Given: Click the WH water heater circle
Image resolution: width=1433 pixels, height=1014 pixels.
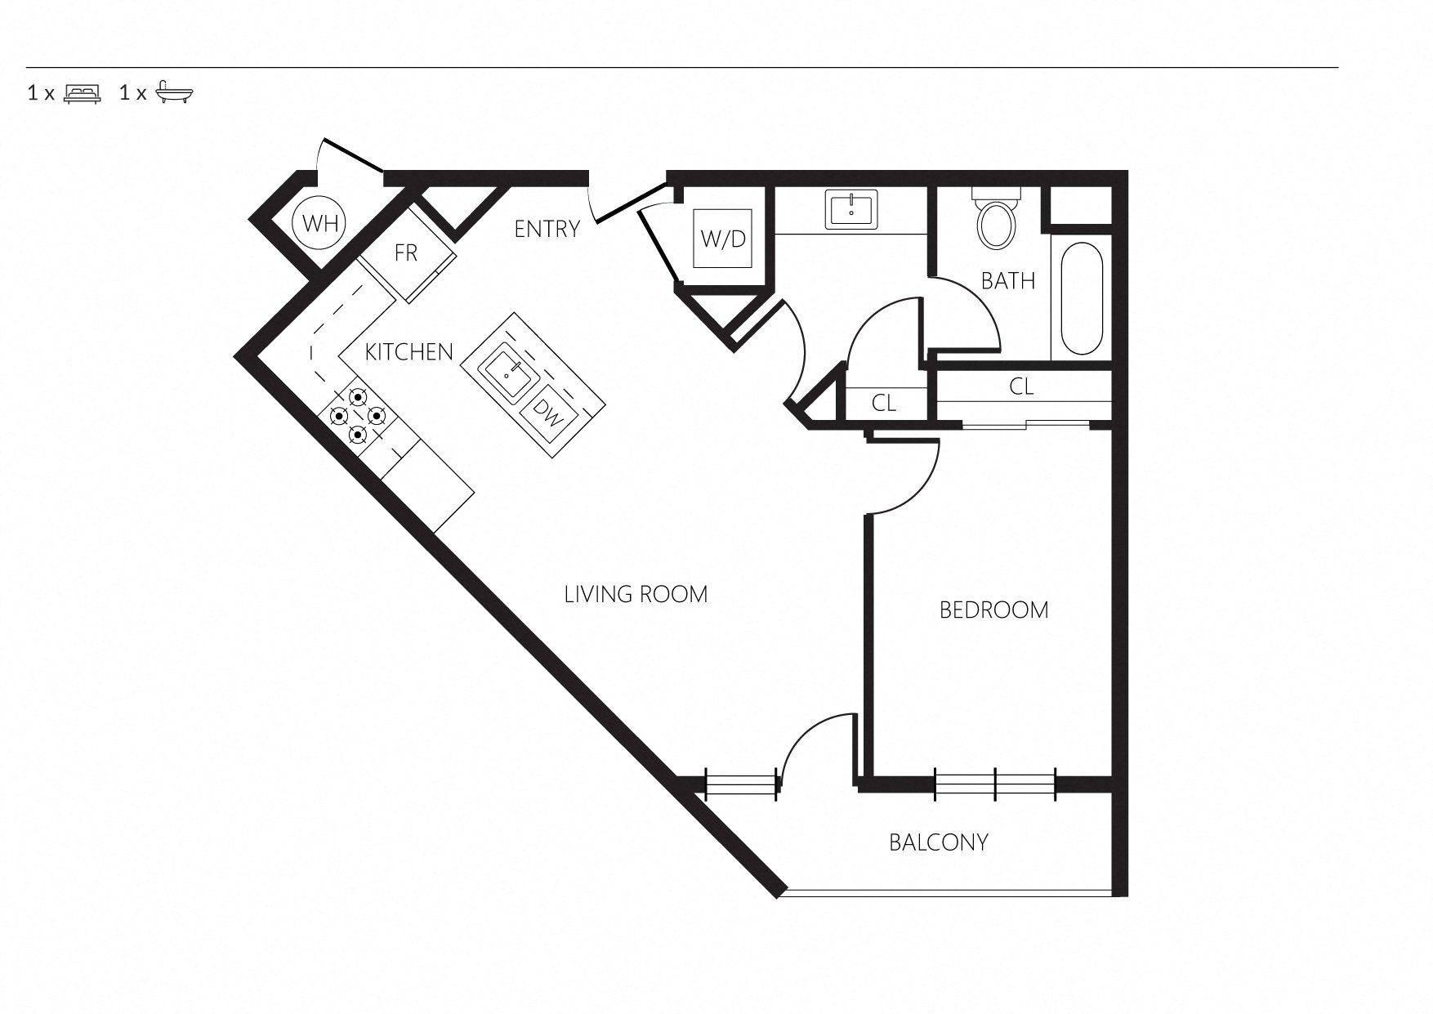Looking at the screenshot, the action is [x=320, y=223].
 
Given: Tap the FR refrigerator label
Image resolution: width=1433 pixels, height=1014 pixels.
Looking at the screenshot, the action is [x=406, y=253].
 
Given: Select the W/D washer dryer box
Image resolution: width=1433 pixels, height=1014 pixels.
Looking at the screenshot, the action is [x=724, y=239].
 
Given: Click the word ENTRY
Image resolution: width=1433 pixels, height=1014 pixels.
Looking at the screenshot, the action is [x=547, y=230].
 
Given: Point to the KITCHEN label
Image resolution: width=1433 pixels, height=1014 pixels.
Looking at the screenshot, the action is [x=408, y=352].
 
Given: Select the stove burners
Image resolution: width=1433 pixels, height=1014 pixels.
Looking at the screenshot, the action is [x=357, y=416].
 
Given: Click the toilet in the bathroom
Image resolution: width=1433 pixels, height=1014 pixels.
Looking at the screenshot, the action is [x=996, y=217].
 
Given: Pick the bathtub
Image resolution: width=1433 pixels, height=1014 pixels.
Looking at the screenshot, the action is [x=1082, y=298].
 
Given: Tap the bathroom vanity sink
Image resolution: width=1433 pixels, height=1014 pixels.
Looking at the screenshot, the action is [x=852, y=208].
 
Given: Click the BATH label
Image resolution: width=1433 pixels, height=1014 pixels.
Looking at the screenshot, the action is [x=1008, y=281].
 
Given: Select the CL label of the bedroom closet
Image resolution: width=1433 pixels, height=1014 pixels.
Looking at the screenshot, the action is [x=1022, y=386].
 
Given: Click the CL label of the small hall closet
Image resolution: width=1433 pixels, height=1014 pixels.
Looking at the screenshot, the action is [x=884, y=403].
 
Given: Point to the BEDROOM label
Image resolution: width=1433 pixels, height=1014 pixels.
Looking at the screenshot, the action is [x=994, y=610].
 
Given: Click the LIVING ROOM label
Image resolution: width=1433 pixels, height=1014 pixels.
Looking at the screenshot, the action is [x=636, y=594].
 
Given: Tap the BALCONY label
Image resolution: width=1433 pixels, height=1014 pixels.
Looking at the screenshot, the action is [x=939, y=842].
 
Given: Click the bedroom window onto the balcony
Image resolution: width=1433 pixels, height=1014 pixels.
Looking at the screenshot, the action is [x=996, y=784].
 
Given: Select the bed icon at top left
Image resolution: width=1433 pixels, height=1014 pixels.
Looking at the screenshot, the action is [x=83, y=92].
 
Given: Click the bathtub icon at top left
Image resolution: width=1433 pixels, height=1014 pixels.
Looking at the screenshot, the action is [x=175, y=92].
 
